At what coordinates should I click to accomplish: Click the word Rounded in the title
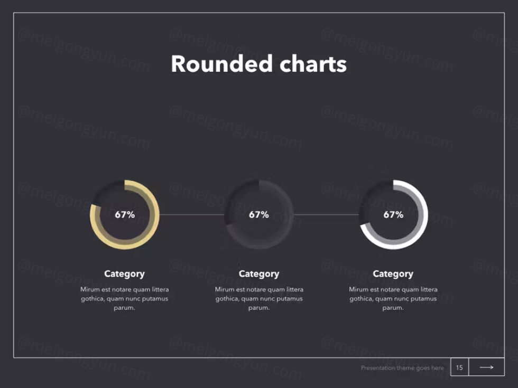[x=221, y=64]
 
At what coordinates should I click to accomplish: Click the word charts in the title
[x=313, y=64]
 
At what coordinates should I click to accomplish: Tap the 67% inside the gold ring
[x=125, y=215]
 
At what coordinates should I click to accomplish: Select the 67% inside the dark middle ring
[x=259, y=215]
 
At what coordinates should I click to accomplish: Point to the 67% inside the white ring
[x=393, y=215]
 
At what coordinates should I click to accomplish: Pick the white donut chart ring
[x=423, y=215]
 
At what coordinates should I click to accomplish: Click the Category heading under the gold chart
[x=125, y=274]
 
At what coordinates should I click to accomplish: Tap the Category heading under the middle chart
[x=259, y=274]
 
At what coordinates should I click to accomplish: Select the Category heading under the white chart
[x=393, y=274]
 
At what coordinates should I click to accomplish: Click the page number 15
[x=459, y=367]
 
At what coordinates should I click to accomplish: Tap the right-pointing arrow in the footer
[x=487, y=367]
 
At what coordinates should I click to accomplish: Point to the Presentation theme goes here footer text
[x=402, y=368]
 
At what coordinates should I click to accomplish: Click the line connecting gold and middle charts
[x=192, y=215]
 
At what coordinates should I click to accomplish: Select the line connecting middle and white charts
[x=327, y=215]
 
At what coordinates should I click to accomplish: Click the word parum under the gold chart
[x=124, y=308]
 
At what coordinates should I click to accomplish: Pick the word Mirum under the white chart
[x=358, y=289]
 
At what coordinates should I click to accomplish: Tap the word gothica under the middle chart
[x=227, y=299]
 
